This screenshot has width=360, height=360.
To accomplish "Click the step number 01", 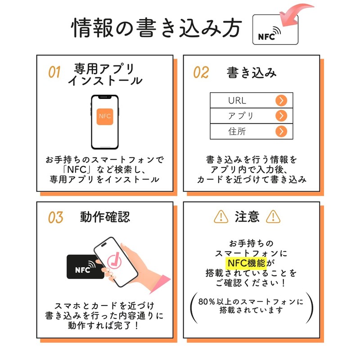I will [x=54, y=72].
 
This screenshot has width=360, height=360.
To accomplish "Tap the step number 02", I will [x=201, y=72].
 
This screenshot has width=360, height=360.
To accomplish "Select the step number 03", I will [x=55, y=217].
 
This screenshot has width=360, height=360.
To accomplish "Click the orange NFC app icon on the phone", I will [x=104, y=116].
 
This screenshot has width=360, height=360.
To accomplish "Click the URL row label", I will [x=237, y=100].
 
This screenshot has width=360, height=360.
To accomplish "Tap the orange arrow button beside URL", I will [x=281, y=100].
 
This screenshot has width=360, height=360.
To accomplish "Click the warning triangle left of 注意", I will [x=220, y=217].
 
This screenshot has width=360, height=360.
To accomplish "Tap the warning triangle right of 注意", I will [x=273, y=217].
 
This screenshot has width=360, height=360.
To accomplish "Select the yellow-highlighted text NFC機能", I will [x=246, y=263].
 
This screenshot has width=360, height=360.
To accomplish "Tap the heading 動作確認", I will [x=105, y=216].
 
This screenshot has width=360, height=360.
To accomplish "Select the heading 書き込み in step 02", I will [x=252, y=72].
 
